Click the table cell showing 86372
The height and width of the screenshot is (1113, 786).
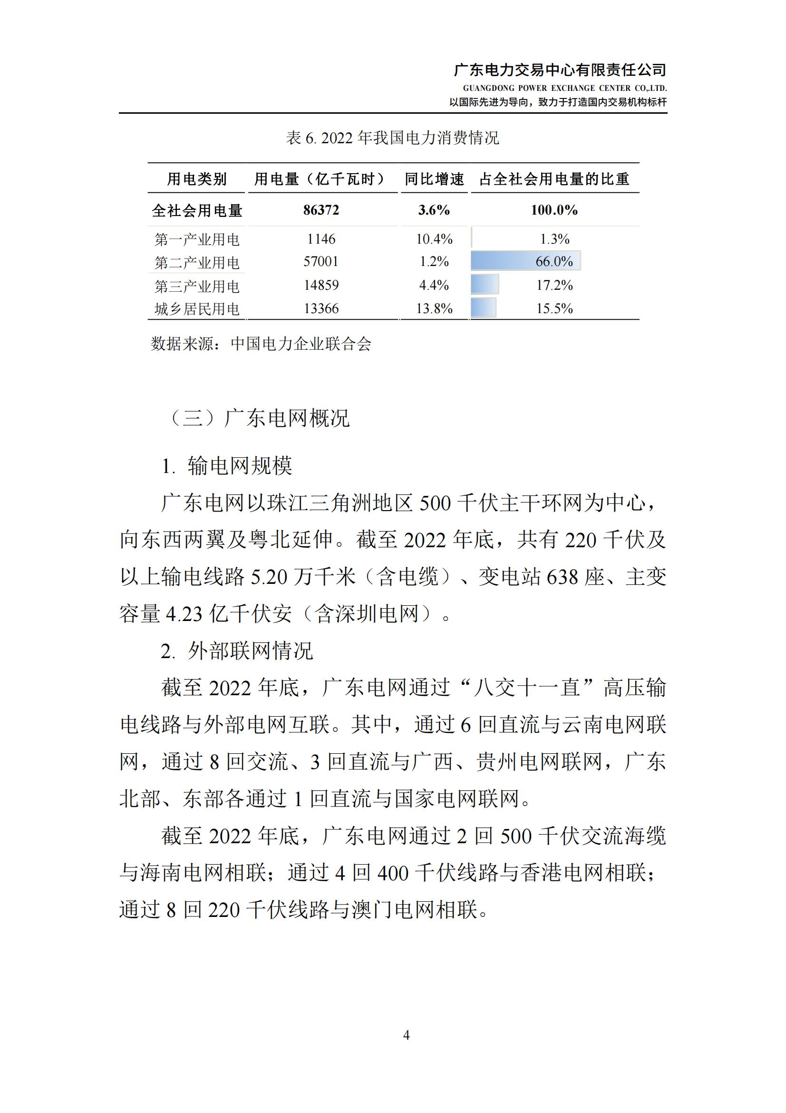click(x=321, y=210)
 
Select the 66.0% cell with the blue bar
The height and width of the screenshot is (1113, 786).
click(x=553, y=261)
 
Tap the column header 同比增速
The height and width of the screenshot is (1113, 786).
click(x=434, y=179)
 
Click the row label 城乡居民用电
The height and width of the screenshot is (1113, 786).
click(x=197, y=309)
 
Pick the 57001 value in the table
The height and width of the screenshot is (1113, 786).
click(x=321, y=262)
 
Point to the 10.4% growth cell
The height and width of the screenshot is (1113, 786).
click(x=434, y=239)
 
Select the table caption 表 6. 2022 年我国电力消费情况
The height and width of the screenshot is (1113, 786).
click(x=392, y=138)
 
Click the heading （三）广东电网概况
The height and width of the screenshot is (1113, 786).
click(x=258, y=418)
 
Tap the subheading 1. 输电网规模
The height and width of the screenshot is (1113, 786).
click(x=227, y=466)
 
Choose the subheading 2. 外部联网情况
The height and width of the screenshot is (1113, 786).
click(x=237, y=650)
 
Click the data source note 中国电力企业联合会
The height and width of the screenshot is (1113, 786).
click(x=301, y=344)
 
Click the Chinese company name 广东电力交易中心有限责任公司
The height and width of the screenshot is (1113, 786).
click(x=560, y=70)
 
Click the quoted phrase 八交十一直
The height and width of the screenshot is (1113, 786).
click(x=527, y=688)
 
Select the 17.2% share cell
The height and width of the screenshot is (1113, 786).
click(x=554, y=285)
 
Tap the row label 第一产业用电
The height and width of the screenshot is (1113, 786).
click(x=197, y=239)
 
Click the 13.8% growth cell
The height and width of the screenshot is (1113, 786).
click(x=434, y=309)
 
